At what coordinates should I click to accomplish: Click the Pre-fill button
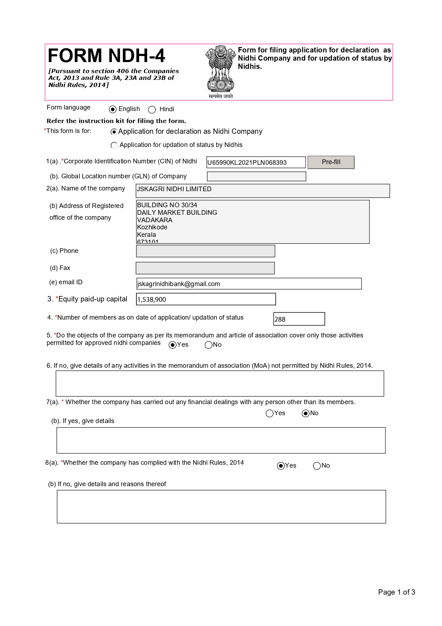pos(331,162)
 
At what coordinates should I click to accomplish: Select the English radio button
pos(113,110)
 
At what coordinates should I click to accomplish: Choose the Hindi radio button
pos(152,110)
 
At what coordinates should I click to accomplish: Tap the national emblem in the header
pos(221,71)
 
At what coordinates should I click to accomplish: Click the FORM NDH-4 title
pos(106,56)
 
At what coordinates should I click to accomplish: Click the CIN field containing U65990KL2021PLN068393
pos(256,163)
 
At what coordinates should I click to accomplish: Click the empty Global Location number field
pos(256,176)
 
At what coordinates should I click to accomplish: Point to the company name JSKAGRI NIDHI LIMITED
pos(174,189)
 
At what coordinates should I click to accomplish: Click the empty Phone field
pos(206,251)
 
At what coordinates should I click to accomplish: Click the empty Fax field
pos(205,268)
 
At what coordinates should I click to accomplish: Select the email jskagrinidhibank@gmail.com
pos(178,284)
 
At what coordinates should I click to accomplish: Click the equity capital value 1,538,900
pos(152,300)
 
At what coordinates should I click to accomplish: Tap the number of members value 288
pos(280,319)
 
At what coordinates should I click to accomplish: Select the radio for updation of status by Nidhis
pos(114,145)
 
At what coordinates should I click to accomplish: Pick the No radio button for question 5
pos(209,345)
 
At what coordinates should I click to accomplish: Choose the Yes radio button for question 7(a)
pos(270,413)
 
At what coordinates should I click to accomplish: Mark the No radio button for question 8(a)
pos(317,466)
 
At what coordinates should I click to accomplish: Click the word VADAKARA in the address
pos(155,220)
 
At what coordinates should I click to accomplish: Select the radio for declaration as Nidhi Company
pos(114,132)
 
